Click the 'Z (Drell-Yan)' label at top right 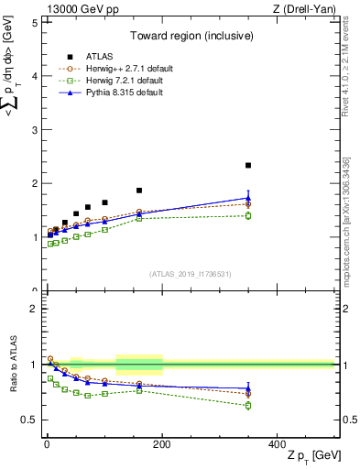[x=307, y=9]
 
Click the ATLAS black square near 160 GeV [x=139, y=191]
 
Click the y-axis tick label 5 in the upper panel [x=34, y=22]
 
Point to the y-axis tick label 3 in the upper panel [x=34, y=130]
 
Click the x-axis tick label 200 [x=162, y=444]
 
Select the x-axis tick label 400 [x=277, y=444]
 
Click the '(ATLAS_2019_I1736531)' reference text [x=190, y=274]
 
